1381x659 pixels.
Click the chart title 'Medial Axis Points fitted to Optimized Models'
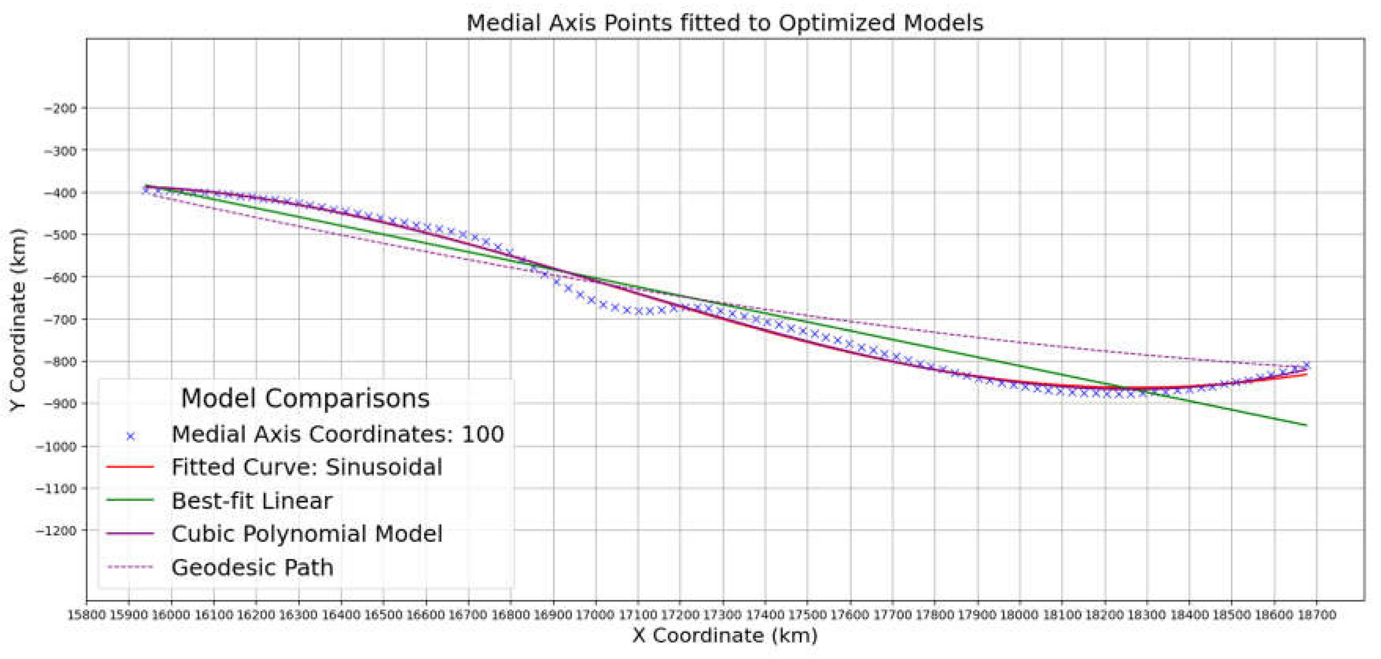725,24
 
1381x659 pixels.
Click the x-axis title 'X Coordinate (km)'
725,635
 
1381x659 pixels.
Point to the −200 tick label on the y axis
60,109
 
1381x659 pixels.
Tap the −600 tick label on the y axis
60,278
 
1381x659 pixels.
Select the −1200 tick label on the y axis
57,531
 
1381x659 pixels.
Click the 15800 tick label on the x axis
87,615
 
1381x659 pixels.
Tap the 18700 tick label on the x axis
1316,615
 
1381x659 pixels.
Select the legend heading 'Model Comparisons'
305,399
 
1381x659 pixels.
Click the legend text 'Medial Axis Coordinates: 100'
338,434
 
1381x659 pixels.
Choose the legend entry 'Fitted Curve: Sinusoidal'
307,467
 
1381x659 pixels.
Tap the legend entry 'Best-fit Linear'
252,501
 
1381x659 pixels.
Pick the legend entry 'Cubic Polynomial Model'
307,534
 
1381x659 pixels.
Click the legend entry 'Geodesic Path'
252,567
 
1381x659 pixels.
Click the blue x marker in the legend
130,436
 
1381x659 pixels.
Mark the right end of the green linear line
1306,425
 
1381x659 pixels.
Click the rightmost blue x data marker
1306,365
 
